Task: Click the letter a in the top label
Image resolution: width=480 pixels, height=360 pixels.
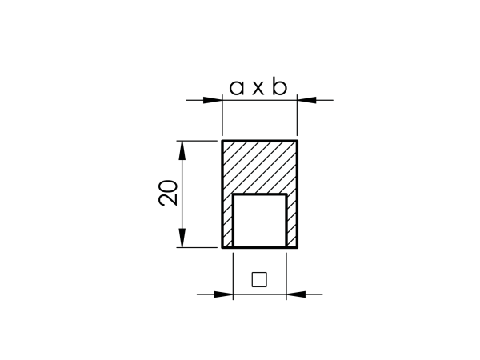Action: (x=236, y=88)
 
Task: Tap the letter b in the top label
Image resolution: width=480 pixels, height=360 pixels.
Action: (x=280, y=86)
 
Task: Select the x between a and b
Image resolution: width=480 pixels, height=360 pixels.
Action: (x=258, y=89)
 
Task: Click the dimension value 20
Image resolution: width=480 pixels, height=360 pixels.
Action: (x=168, y=193)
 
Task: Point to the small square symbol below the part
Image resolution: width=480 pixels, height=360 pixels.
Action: (x=259, y=279)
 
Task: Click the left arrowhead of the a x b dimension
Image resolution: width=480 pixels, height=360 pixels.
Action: (x=213, y=100)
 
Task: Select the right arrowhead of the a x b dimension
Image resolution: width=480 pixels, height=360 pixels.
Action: (x=306, y=100)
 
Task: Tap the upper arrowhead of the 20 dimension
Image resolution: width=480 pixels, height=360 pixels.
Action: (x=182, y=150)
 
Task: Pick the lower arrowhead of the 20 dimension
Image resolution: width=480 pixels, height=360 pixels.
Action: (x=182, y=238)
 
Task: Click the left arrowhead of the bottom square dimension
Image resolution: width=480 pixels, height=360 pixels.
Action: (x=223, y=294)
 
